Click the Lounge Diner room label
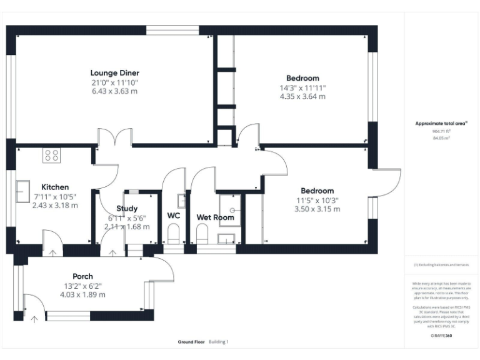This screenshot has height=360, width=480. (x=114, y=73)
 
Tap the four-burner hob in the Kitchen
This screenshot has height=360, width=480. (x=52, y=156)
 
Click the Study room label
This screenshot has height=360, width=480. (x=127, y=209)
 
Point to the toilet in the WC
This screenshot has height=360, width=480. (x=174, y=235)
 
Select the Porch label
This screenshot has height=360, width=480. (x=82, y=276)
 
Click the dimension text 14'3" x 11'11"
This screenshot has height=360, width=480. (x=302, y=88)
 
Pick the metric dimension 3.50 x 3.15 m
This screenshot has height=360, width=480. (x=317, y=209)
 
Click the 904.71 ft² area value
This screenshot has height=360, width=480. (x=441, y=132)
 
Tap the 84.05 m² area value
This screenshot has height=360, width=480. (x=441, y=138)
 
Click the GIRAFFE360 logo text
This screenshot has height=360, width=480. (x=441, y=336)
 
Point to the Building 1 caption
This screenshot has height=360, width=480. (x=219, y=342)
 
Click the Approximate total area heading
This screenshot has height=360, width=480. (x=441, y=124)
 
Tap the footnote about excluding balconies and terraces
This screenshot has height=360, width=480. (x=441, y=265)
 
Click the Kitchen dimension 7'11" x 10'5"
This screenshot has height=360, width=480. (x=55, y=196)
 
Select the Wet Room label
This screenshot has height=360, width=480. (x=216, y=217)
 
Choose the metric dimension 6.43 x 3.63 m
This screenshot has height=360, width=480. (x=114, y=91)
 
